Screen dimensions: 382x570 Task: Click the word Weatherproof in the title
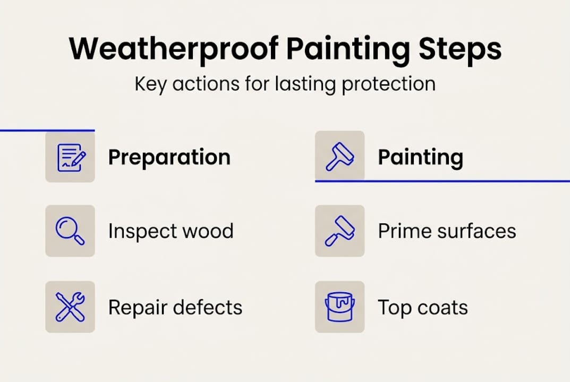coord(173,49)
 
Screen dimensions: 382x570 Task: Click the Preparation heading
coord(169,158)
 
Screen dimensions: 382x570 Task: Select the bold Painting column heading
coord(420,158)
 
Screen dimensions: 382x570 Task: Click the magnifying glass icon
coord(70,231)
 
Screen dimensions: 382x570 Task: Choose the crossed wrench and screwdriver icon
coord(70,307)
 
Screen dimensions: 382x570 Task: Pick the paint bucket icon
coord(340,307)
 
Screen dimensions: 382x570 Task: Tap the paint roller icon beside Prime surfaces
coord(340,231)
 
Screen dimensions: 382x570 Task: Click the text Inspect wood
coord(171,231)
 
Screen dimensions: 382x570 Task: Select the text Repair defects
coord(175,307)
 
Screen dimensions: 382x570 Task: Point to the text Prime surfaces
coord(447,231)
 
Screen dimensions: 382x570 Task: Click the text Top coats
coord(423,307)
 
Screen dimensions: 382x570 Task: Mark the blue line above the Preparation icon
coord(47,130)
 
